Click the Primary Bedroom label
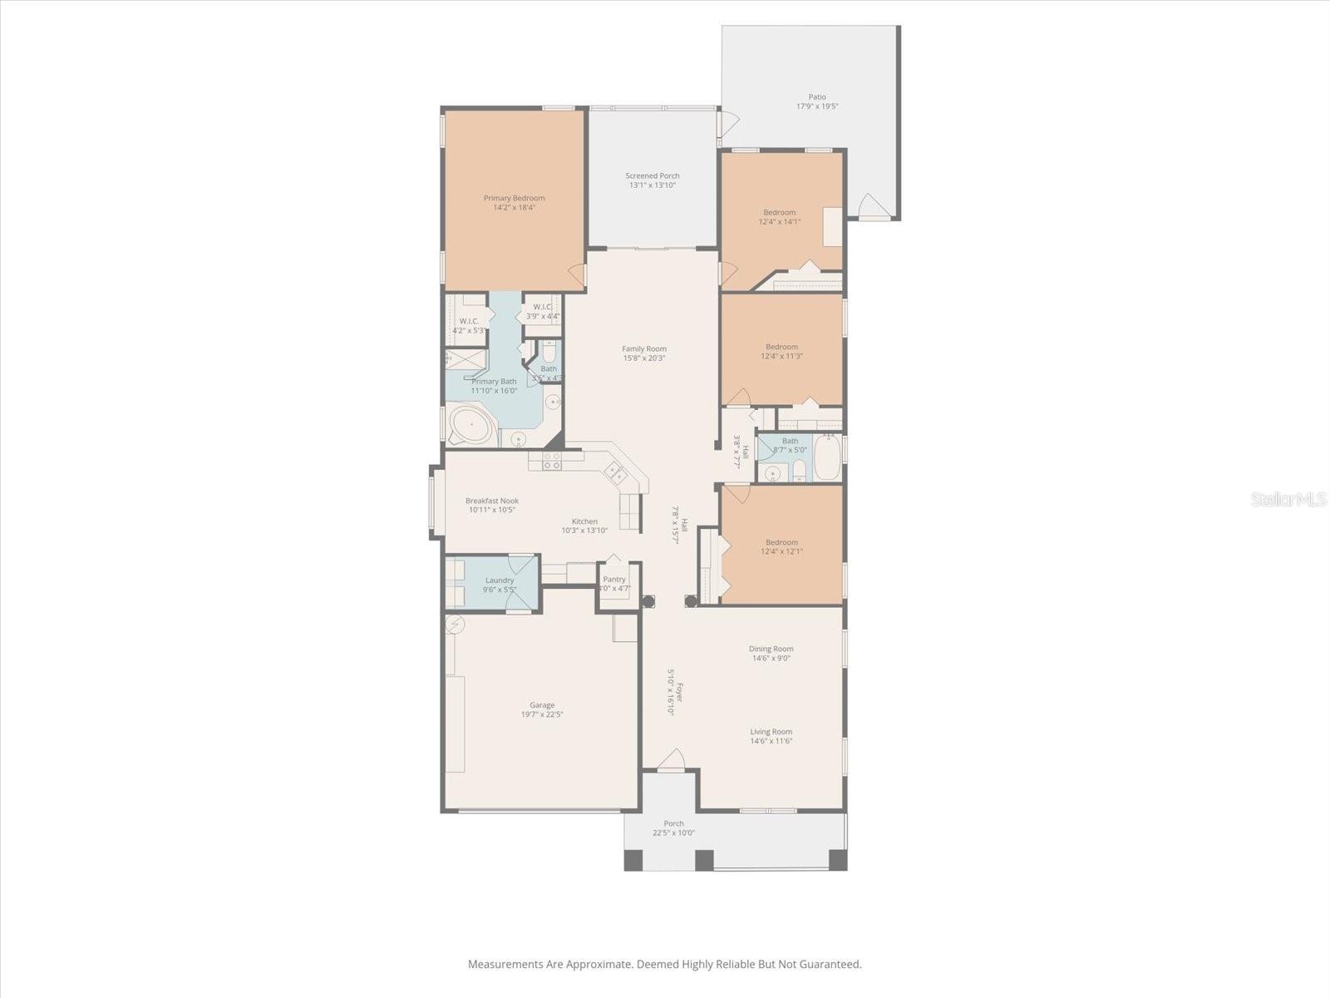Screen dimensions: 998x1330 (514, 198)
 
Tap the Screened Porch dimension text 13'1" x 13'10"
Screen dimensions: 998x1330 (652, 185)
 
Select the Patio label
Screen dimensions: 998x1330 (817, 97)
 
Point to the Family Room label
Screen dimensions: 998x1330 (644, 348)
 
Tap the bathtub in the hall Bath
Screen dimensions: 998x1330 (827, 458)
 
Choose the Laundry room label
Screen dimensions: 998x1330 (500, 580)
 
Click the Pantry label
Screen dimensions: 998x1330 (614, 579)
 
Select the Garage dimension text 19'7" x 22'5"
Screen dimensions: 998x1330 (542, 714)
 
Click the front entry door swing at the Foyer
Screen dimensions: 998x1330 (671, 759)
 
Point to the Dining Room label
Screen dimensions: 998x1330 (771, 649)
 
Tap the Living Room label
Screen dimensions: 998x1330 (771, 732)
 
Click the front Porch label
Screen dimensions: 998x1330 (673, 823)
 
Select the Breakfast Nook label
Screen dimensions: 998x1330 (491, 501)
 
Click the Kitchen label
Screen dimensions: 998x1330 (584, 521)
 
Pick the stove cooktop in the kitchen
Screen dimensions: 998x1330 (551, 460)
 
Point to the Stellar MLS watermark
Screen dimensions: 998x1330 (1289, 499)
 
